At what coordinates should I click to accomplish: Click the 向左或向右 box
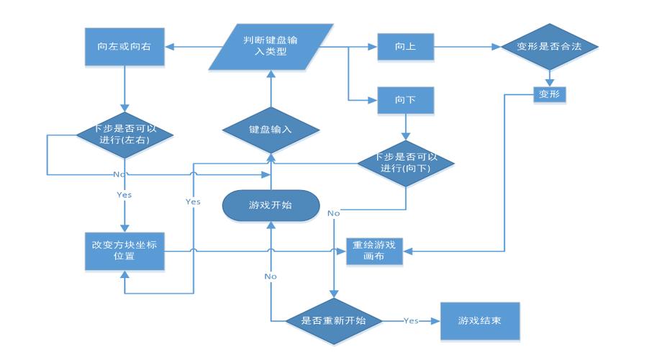pyautogui.click(x=124, y=48)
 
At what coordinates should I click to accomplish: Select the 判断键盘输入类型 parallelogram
pyautogui.click(x=271, y=48)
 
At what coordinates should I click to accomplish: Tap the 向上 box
pyautogui.click(x=406, y=48)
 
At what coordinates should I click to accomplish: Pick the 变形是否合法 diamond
pyautogui.click(x=550, y=48)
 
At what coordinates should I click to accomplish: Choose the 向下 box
pyautogui.click(x=406, y=100)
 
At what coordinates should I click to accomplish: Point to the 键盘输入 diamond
pyautogui.click(x=271, y=130)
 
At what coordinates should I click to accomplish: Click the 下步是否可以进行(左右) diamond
pyautogui.click(x=124, y=134)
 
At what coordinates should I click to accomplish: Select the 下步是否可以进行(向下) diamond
pyautogui.click(x=407, y=163)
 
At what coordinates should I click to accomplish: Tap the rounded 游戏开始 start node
pyautogui.click(x=271, y=205)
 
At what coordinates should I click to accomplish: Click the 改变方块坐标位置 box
pyautogui.click(x=124, y=250)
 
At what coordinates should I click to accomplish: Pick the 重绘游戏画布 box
pyautogui.click(x=374, y=251)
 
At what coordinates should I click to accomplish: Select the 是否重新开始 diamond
pyautogui.click(x=333, y=320)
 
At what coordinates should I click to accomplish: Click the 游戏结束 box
pyautogui.click(x=479, y=320)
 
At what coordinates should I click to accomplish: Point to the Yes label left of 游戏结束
pyautogui.click(x=411, y=320)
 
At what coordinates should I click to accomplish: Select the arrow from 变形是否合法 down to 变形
pyautogui.click(x=550, y=76)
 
